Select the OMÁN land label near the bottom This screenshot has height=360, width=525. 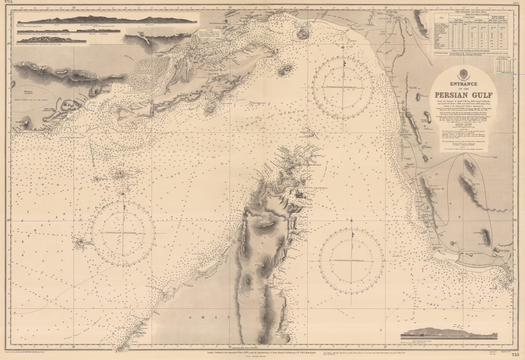coord(209,318)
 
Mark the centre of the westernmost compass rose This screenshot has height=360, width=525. coord(123,232)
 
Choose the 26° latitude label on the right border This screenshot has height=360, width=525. coord(515,220)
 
